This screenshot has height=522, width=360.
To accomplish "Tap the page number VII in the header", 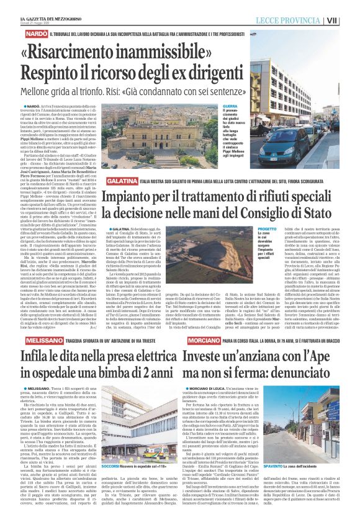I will (350, 20).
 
